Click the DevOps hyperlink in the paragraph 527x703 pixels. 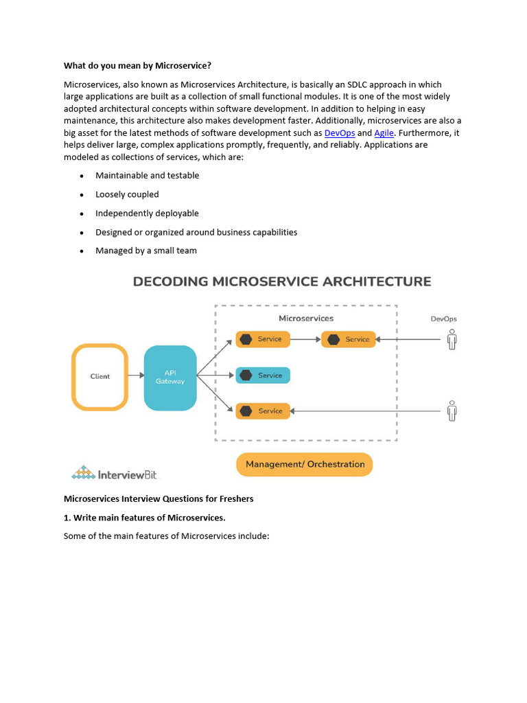[x=339, y=133]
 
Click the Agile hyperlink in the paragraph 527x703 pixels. [x=384, y=133]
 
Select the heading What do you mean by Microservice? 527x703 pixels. [x=137, y=66]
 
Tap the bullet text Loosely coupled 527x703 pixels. [x=127, y=194]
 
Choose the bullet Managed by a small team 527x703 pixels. [x=146, y=251]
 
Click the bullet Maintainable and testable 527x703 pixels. [x=147, y=176]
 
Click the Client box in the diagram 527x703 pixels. [x=100, y=377]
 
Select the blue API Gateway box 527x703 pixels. [x=170, y=378]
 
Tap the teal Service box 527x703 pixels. [x=263, y=376]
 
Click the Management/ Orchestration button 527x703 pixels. [x=305, y=465]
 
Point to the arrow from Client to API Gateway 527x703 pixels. [x=136, y=376]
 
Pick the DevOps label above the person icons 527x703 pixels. [x=443, y=319]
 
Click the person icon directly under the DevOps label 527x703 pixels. [x=451, y=339]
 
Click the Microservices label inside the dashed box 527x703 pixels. [x=306, y=319]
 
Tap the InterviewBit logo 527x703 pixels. [x=115, y=472]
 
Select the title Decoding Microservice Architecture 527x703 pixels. [x=281, y=281]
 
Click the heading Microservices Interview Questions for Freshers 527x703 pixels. [x=159, y=498]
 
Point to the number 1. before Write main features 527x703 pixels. [x=67, y=518]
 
